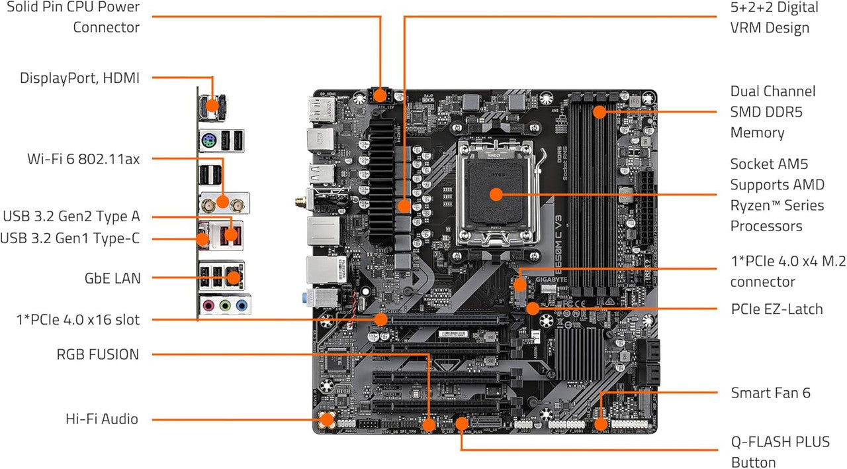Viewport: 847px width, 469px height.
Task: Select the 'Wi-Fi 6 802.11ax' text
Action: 83,159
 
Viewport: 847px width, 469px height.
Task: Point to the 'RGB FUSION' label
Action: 98,354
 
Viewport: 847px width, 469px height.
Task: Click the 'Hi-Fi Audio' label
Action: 102,419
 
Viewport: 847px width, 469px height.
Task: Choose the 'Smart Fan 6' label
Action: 770,393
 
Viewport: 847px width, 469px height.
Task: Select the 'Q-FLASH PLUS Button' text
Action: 780,452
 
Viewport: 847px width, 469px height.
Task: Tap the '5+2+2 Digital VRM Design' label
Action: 769,17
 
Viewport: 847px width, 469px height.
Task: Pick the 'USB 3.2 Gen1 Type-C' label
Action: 70,238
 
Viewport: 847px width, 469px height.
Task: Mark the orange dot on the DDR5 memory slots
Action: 599,111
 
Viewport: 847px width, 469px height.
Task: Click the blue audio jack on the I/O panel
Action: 242,306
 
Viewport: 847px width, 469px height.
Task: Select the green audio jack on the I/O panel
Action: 226,306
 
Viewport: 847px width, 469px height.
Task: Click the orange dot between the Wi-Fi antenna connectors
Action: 223,200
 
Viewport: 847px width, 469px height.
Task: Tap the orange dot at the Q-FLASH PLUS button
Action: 461,423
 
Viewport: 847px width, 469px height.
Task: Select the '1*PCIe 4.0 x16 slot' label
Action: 78,320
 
